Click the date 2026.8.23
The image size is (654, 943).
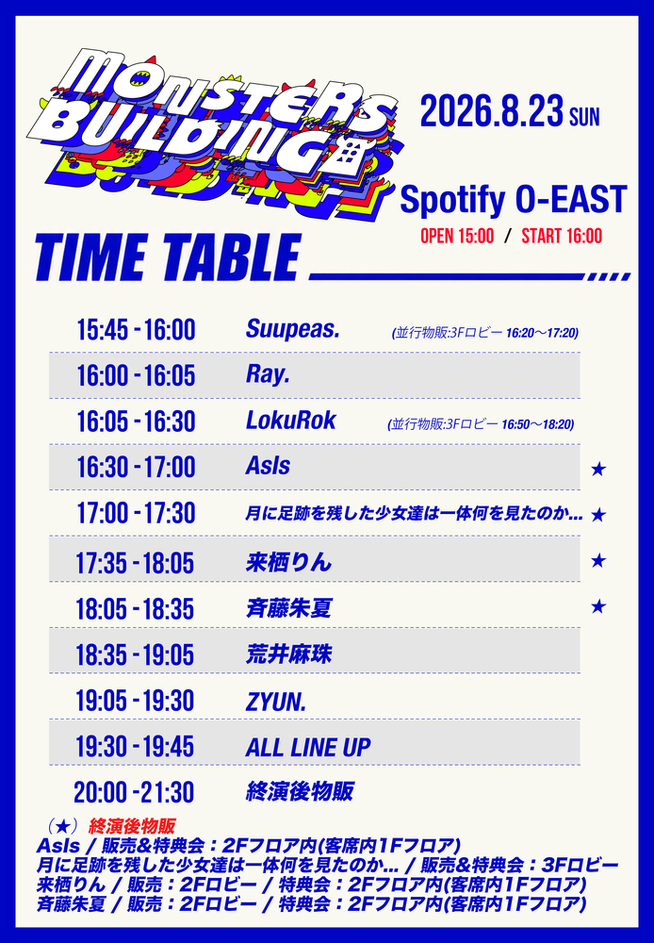pos(492,110)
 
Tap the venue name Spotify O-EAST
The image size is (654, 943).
pos(514,200)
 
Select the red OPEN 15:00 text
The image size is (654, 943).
pos(457,236)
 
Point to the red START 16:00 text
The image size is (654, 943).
pos(562,236)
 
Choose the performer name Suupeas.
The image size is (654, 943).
pos(293,329)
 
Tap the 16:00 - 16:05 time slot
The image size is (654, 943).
pos(136,376)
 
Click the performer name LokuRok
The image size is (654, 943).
pos(290,421)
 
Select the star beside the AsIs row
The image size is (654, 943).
pos(597,469)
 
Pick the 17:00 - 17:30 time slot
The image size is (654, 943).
pos(136,514)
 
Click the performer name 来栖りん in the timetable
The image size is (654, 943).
pos(288,562)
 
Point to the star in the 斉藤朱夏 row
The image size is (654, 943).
pos(597,606)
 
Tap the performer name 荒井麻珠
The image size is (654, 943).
pos(288,655)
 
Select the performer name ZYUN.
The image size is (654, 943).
pos(276,702)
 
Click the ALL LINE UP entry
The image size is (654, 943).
pos(308,748)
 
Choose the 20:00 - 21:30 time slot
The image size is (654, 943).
pos(134,793)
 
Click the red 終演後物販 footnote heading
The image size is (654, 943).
pos(132,826)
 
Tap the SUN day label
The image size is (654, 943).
pos(585,117)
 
